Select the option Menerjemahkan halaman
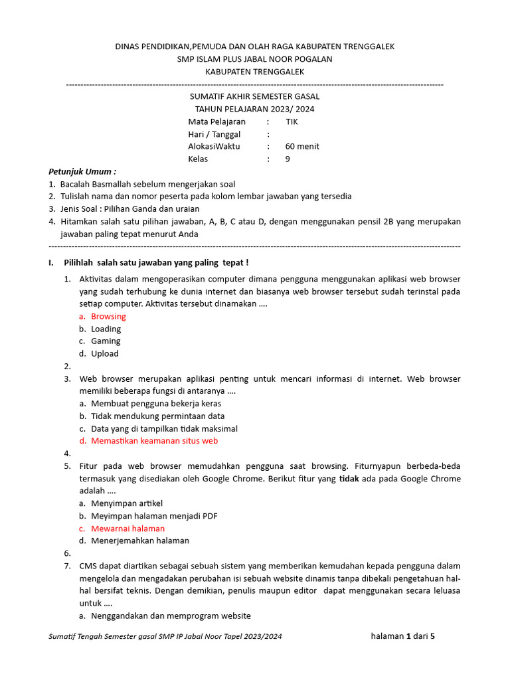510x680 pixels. click(x=140, y=541)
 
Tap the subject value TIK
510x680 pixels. click(x=292, y=122)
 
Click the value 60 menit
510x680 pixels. click(x=302, y=147)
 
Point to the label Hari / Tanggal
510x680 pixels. click(x=214, y=134)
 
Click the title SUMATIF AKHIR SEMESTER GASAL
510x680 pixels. click(x=254, y=96)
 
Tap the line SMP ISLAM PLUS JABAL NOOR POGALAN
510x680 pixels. click(x=254, y=59)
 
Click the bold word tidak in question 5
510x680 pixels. click(x=349, y=479)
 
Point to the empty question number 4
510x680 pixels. click(x=68, y=454)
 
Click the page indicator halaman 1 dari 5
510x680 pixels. click(x=403, y=636)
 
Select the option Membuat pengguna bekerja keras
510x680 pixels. click(x=156, y=404)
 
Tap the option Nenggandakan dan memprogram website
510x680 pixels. click(x=171, y=616)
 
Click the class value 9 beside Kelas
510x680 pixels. click(x=288, y=159)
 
